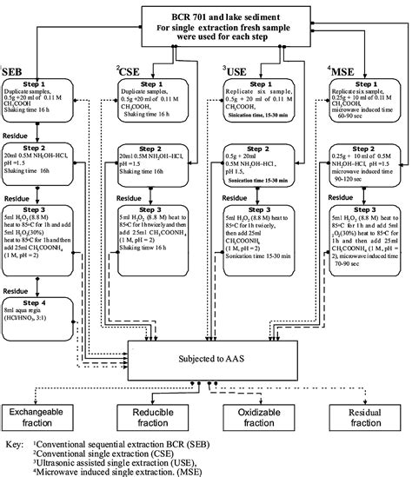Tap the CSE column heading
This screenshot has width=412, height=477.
(x=130, y=70)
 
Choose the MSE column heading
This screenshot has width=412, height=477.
(x=338, y=70)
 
